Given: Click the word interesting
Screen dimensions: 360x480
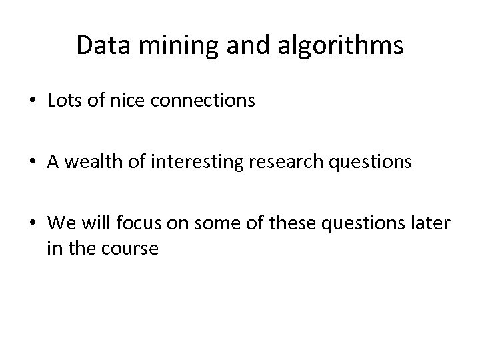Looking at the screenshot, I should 179,162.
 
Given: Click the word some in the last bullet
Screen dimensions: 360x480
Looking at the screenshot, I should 210,223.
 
